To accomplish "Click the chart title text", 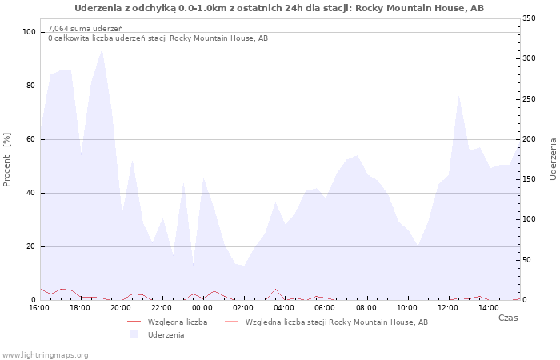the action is click(279, 8).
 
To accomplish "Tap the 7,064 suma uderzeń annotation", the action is click(86, 29).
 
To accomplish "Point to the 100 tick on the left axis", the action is click(29, 32).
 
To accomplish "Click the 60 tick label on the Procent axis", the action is click(30, 139).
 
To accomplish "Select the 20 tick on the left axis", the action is click(30, 246).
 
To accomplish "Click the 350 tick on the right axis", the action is click(529, 18).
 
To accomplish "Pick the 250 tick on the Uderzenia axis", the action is click(529, 99).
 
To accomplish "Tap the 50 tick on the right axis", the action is click(526, 260).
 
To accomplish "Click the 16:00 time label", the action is click(39, 308).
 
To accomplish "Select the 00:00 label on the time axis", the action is click(202, 308).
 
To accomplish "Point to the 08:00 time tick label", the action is click(366, 308).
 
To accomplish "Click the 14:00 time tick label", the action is click(489, 308).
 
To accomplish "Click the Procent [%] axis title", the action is click(6, 160).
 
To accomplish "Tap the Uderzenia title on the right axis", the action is click(553, 160).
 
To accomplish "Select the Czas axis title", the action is click(508, 318).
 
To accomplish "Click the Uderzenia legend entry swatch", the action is click(134, 334).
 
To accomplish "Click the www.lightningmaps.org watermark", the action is click(45, 355).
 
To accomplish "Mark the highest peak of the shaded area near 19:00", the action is click(102, 50).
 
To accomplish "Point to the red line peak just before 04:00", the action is click(275, 289).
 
